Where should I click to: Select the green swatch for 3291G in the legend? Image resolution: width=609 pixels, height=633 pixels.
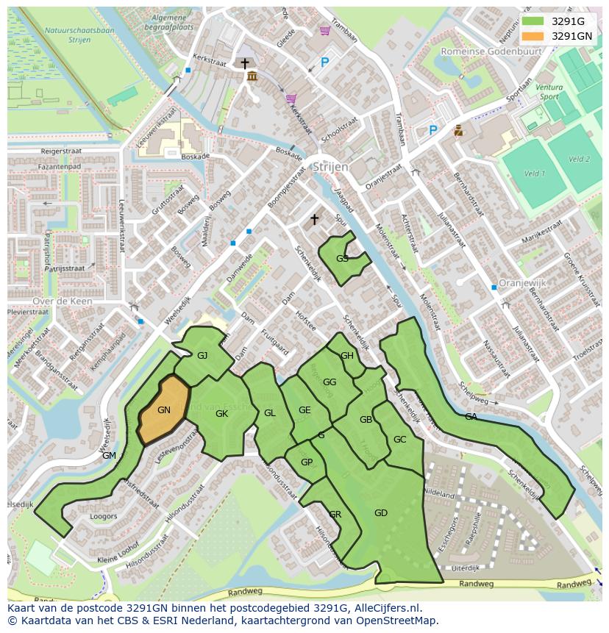pyautogui.click(x=533, y=22)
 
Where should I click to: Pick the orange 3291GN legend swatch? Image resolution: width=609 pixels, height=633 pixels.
pyautogui.click(x=533, y=36)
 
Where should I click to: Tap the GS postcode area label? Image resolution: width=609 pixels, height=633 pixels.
pyautogui.click(x=342, y=259)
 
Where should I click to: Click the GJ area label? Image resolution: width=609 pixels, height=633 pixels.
pyautogui.click(x=202, y=356)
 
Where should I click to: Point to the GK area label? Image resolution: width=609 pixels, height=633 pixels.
pyautogui.click(x=221, y=414)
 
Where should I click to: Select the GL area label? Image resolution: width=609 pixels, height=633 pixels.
pyautogui.click(x=269, y=413)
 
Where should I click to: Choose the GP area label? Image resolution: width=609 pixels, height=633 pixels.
pyautogui.click(x=307, y=462)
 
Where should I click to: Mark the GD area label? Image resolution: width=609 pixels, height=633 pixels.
pyautogui.click(x=380, y=513)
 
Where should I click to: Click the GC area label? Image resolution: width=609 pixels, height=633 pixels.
pyautogui.click(x=399, y=440)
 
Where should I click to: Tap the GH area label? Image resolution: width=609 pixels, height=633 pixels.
pyautogui.click(x=346, y=356)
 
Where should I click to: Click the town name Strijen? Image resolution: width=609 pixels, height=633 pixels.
pyautogui.click(x=330, y=167)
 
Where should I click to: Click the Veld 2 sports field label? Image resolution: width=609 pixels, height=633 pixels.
pyautogui.click(x=579, y=159)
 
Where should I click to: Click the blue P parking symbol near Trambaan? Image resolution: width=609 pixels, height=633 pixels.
pyautogui.click(x=324, y=64)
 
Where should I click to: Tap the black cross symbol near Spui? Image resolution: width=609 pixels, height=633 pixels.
pyautogui.click(x=315, y=219)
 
